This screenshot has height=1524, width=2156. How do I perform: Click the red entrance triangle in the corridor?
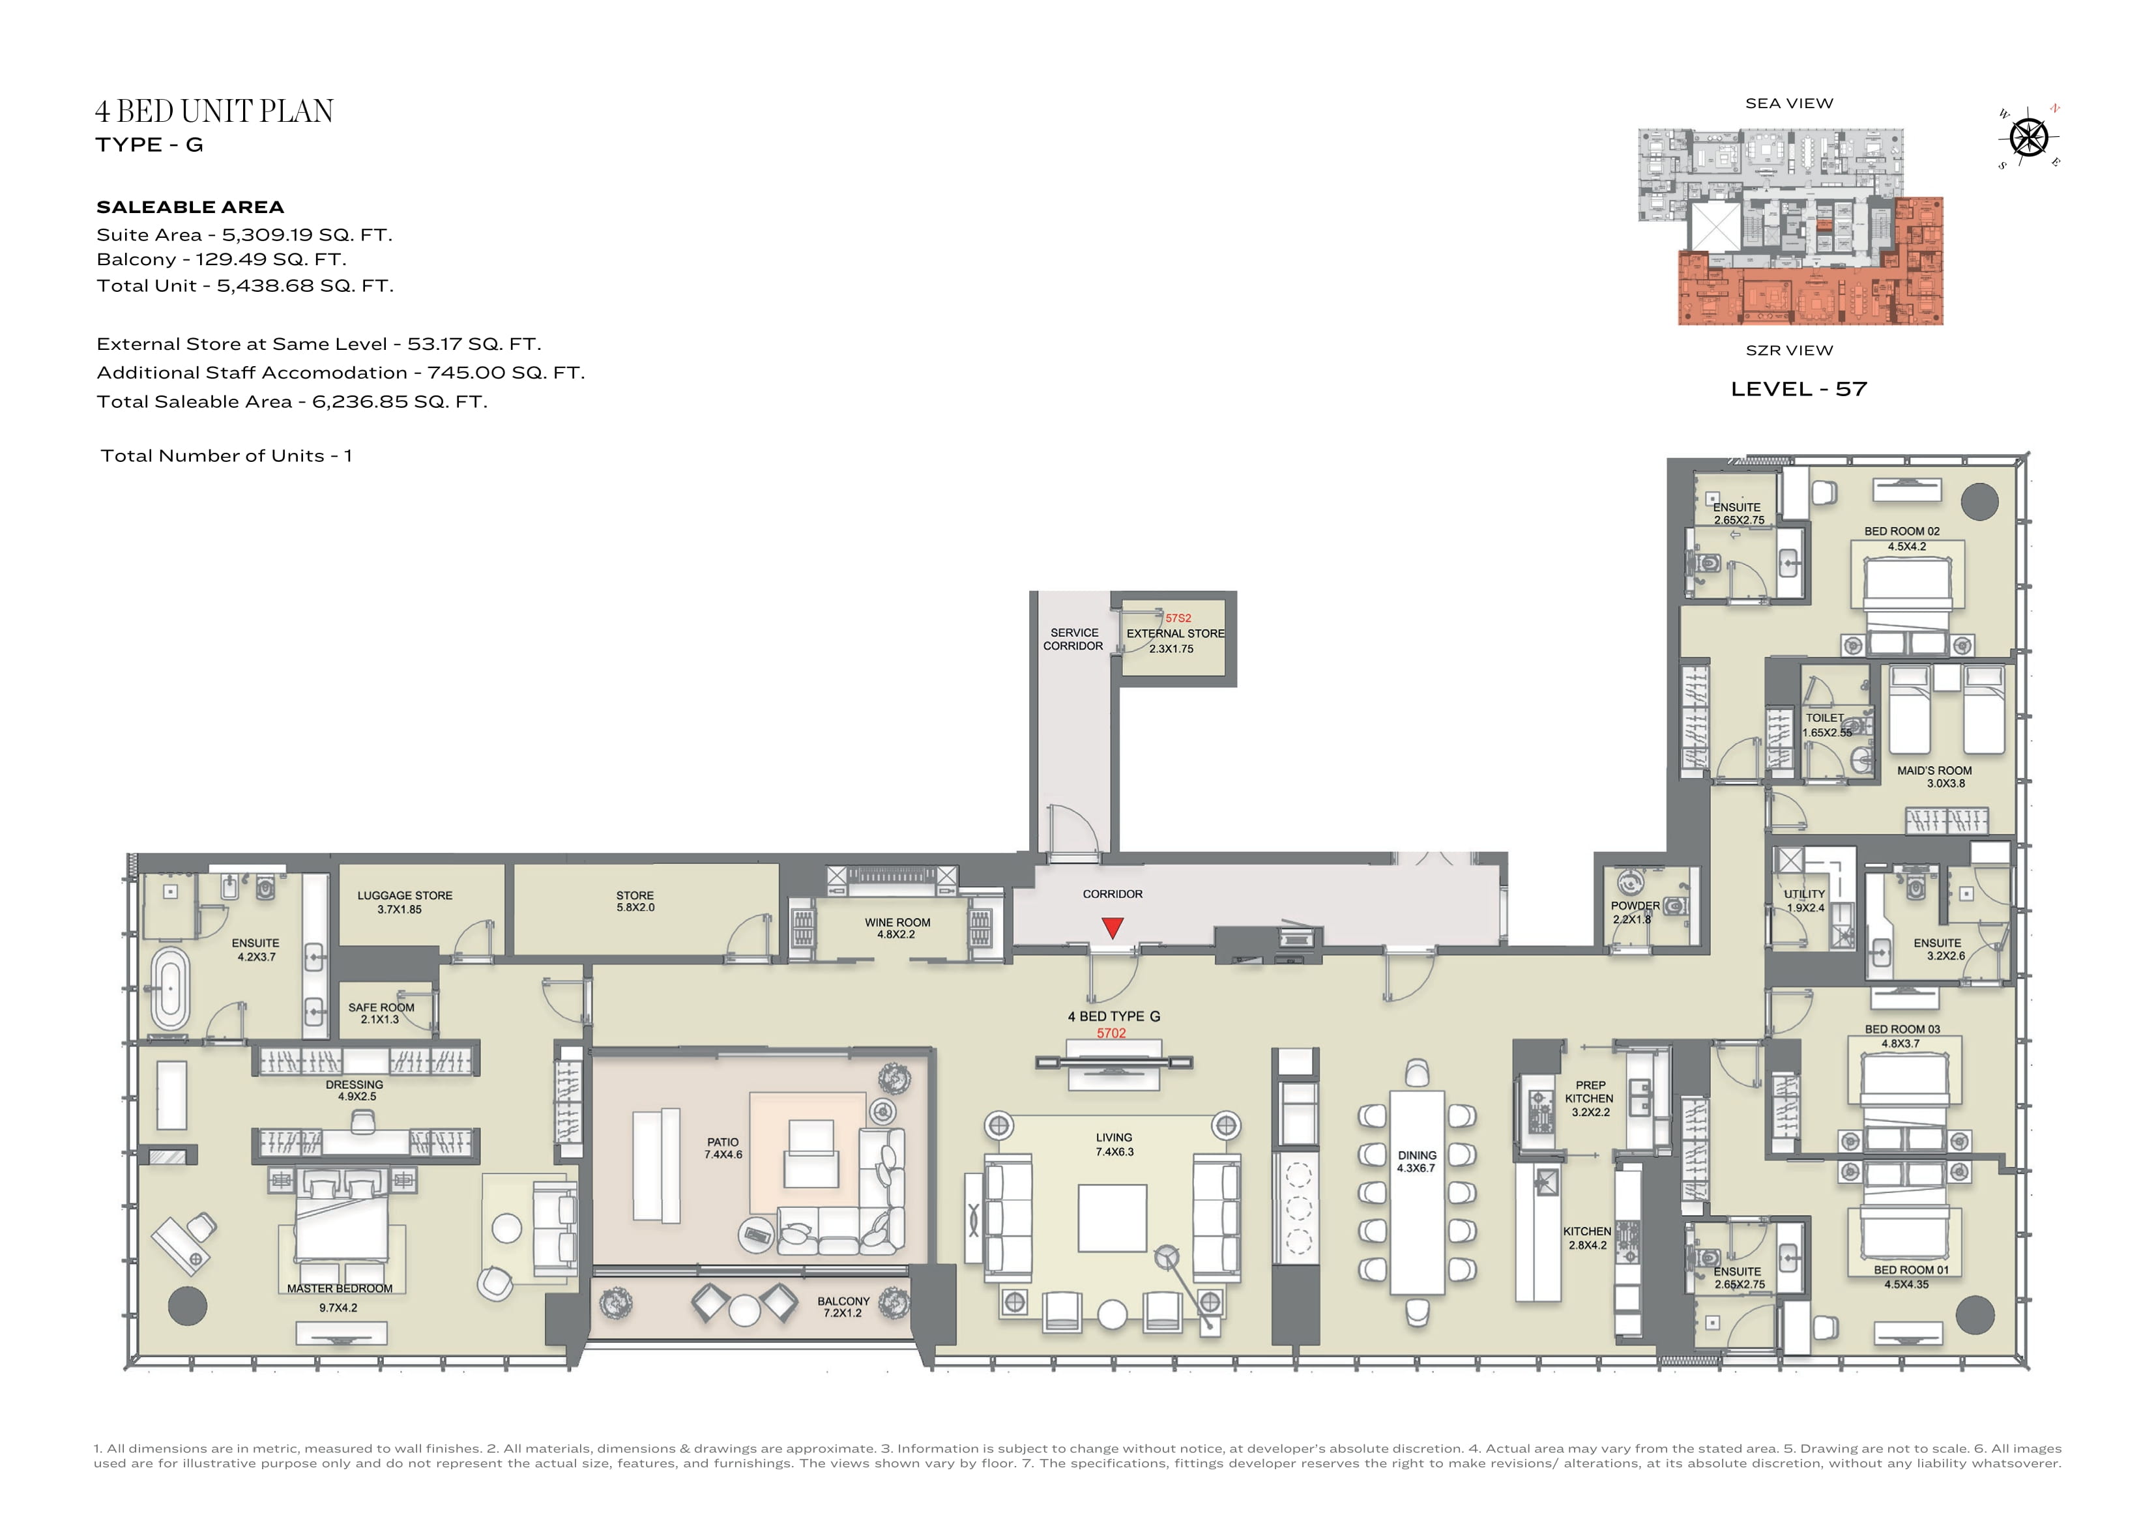tap(1113, 928)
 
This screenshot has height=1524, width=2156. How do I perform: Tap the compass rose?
tap(2029, 138)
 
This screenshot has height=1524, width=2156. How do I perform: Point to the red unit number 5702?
tap(1111, 1033)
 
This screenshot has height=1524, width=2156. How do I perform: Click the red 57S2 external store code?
tap(1178, 618)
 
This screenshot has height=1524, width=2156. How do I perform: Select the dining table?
tap(1417, 1192)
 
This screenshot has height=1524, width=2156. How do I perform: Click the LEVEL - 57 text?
tap(1798, 389)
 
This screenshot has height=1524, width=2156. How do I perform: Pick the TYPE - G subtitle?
tap(149, 145)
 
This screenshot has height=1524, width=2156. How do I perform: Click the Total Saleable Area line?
tap(292, 402)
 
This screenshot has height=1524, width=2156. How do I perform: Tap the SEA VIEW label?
tap(1789, 104)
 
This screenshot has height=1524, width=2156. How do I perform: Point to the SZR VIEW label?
tap(1789, 351)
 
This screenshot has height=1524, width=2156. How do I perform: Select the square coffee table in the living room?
tap(1112, 1218)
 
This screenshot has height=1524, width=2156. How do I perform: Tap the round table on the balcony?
tap(745, 1310)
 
